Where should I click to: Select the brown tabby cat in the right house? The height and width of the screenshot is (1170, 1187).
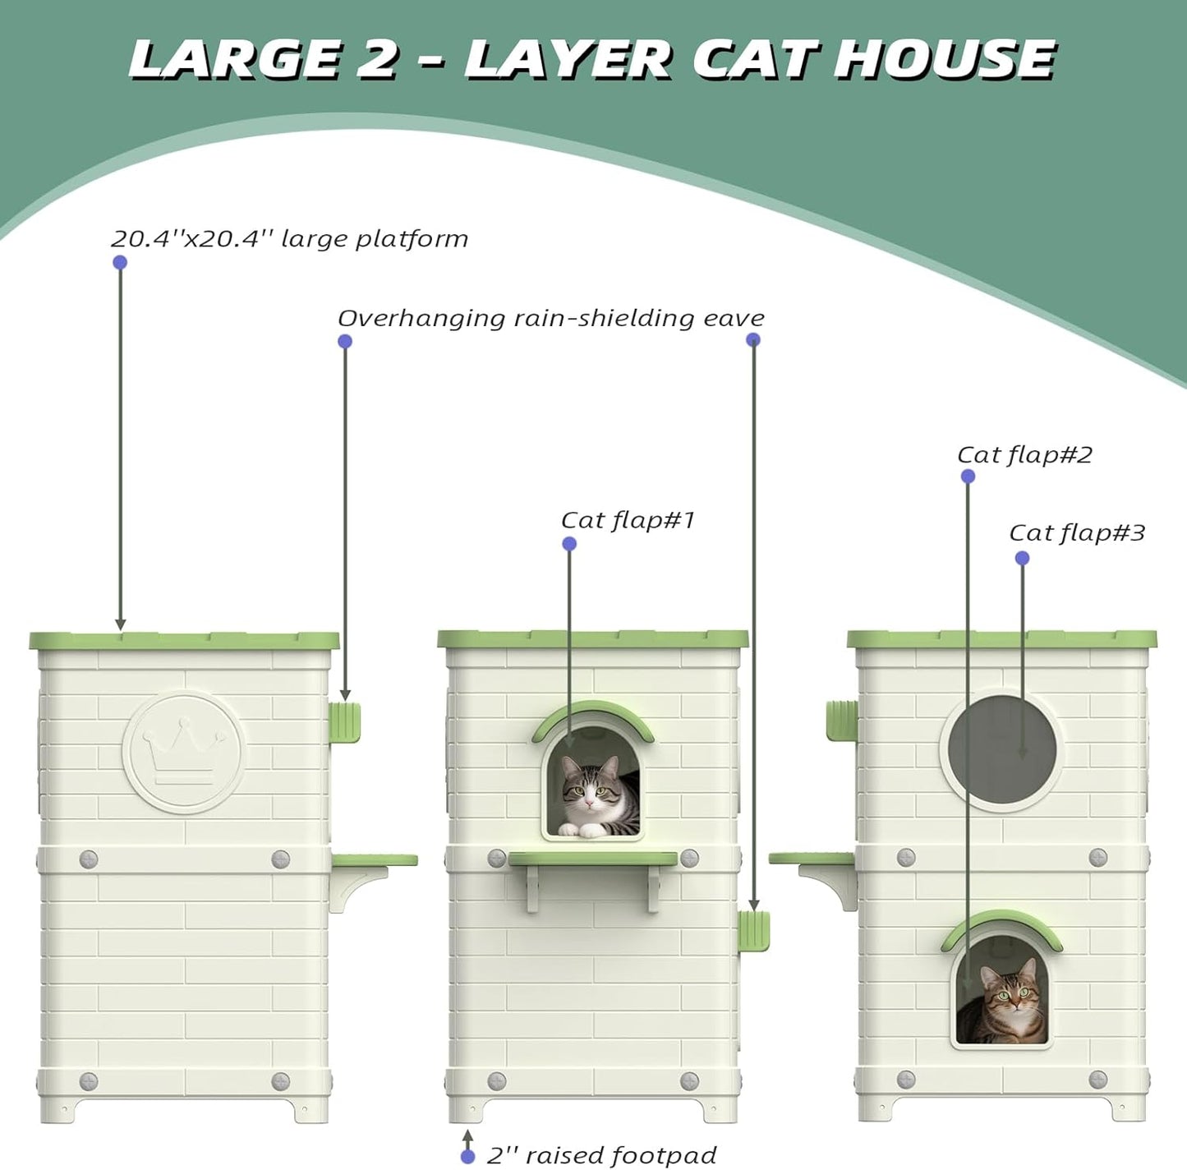(1004, 1001)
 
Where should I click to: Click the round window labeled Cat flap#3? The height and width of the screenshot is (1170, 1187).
(1001, 751)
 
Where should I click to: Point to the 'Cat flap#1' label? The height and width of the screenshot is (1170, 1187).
(628, 520)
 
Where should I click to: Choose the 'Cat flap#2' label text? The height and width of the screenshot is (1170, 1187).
(1024, 455)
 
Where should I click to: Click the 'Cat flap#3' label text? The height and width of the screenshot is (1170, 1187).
(1076, 533)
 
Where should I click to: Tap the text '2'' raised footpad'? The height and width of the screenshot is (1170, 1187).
(601, 1155)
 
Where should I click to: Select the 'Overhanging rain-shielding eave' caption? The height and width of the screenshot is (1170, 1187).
(550, 318)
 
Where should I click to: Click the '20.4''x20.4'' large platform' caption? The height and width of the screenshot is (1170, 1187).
(289, 239)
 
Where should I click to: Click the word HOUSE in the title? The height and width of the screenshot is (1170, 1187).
(945, 59)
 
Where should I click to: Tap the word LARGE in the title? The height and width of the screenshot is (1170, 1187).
(234, 59)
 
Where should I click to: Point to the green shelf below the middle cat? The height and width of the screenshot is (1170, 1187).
(593, 859)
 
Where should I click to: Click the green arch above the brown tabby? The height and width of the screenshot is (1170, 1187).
(1001, 924)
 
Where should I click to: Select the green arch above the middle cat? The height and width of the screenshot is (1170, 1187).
(593, 716)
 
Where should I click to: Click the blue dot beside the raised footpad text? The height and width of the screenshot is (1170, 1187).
(467, 1157)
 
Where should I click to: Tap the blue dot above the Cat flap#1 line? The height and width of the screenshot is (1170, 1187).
(569, 544)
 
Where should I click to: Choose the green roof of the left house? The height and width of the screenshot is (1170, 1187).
(184, 640)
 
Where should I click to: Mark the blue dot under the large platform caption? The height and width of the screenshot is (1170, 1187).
(120, 263)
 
